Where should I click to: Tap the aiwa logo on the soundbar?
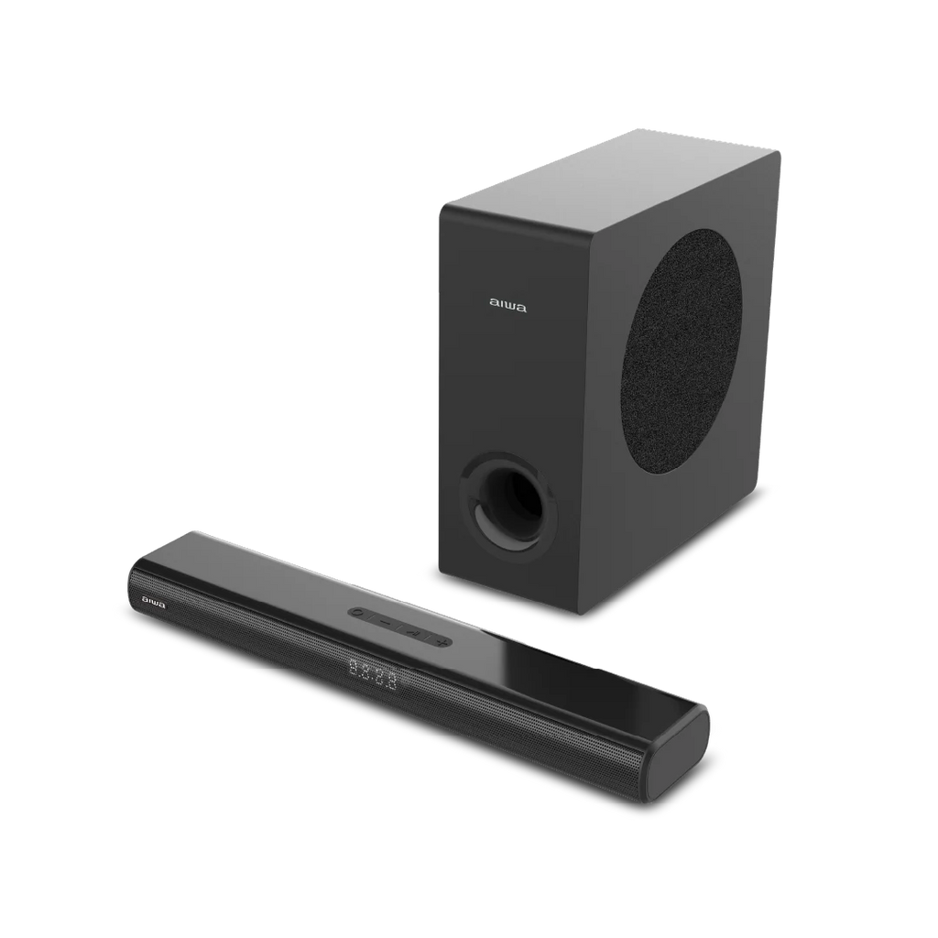coord(153,602)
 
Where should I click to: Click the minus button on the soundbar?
coord(386,620)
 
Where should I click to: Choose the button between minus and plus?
coord(413,631)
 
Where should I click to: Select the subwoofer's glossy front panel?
coord(513,385)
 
